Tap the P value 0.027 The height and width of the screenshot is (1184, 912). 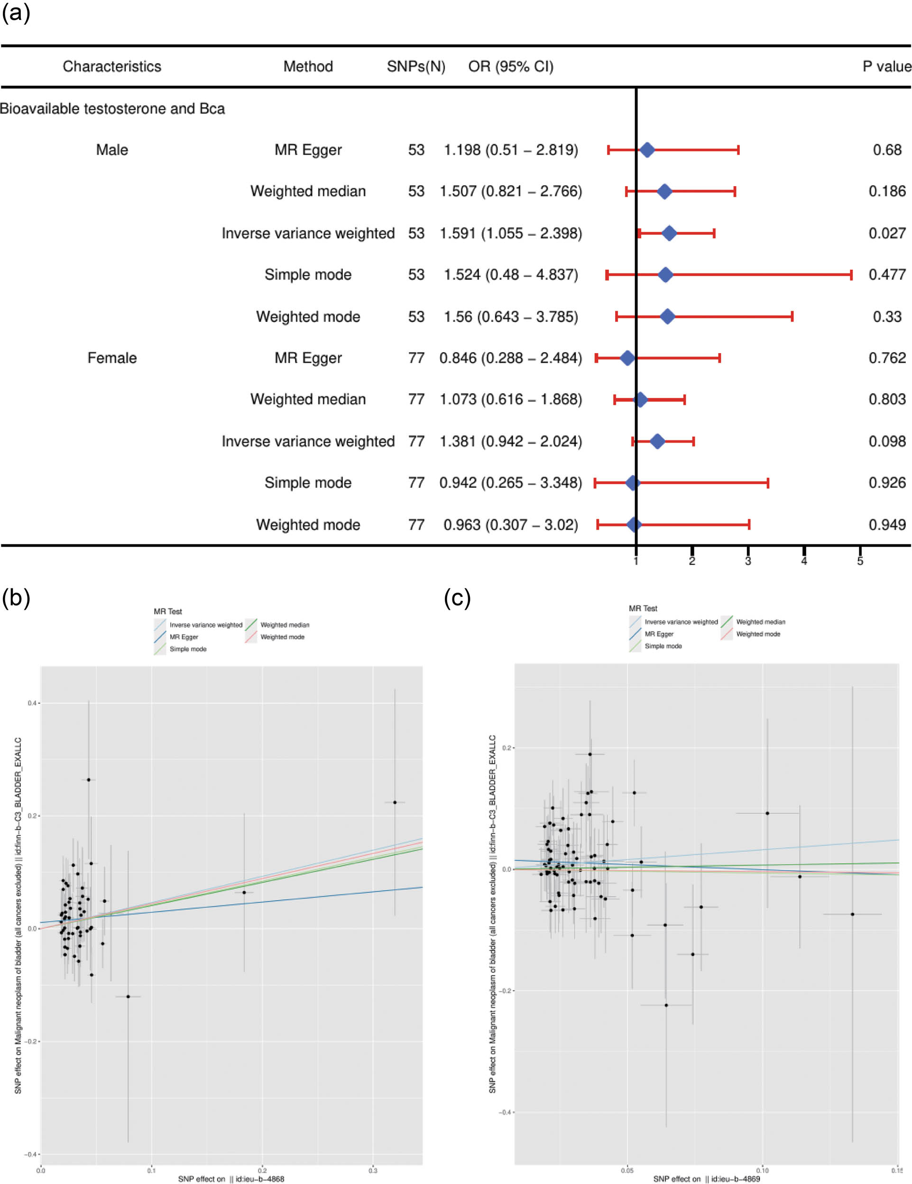tap(886, 233)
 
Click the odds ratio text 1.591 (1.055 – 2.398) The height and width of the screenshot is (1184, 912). tap(510, 233)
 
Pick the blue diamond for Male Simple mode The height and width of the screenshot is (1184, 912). tap(665, 275)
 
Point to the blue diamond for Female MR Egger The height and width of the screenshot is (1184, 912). tap(627, 358)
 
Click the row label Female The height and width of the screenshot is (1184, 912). tap(112, 358)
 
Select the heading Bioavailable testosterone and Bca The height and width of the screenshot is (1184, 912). tap(112, 108)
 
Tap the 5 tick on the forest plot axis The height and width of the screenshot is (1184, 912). tap(860, 561)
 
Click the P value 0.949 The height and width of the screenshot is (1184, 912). tap(886, 524)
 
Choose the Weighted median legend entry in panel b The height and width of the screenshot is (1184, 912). tap(284, 625)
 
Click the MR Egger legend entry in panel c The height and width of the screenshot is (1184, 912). tap(658, 634)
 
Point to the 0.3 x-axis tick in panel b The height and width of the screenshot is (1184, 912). tap(373, 1170)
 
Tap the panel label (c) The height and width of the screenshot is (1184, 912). tap(457, 598)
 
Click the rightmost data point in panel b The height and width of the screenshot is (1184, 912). tap(395, 802)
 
